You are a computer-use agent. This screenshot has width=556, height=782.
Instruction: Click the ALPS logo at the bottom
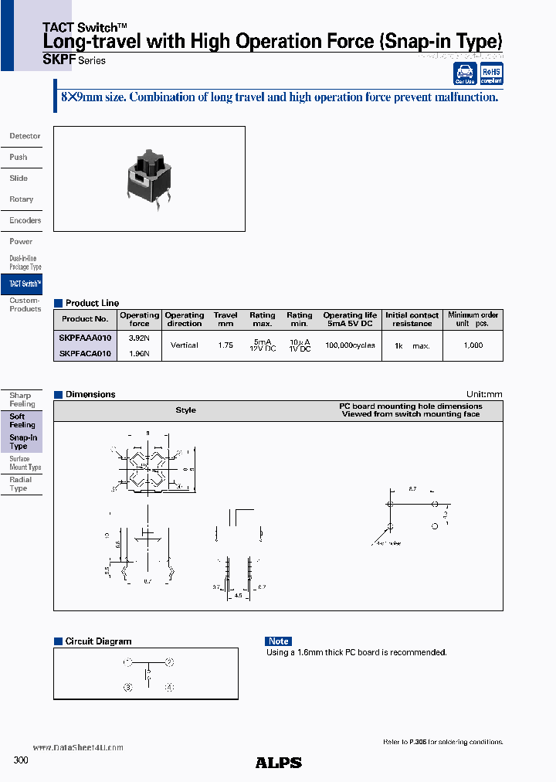pos(278,763)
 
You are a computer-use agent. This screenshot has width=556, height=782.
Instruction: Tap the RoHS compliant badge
pos(491,73)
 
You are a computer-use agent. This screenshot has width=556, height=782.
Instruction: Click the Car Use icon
pos(465,74)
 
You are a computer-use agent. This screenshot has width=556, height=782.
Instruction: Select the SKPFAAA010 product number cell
pos(85,338)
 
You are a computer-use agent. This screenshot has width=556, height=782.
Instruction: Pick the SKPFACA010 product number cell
pos(85,353)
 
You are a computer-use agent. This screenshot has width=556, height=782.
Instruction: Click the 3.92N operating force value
pos(139,338)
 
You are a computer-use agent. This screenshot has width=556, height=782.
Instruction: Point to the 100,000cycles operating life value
pos(350,345)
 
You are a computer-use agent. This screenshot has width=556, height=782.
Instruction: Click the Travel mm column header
pos(225,319)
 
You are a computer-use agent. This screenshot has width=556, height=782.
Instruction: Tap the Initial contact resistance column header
pos(412,319)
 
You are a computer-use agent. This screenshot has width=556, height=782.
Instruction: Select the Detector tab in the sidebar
pos(25,136)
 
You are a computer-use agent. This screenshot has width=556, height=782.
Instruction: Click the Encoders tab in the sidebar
pos(25,220)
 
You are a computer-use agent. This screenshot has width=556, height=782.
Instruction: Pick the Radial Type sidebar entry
pos(21,484)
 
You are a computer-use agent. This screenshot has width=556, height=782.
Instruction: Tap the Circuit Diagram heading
pos(98,641)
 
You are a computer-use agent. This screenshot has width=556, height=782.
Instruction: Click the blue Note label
pos(278,641)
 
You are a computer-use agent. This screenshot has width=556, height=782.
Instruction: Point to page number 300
pos(21,761)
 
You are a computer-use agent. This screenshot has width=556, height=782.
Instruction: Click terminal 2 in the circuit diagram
pos(169,662)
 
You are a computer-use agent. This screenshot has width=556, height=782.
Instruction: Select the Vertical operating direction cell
pos(185,345)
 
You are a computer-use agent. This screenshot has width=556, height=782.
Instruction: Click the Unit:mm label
pos(484,394)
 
